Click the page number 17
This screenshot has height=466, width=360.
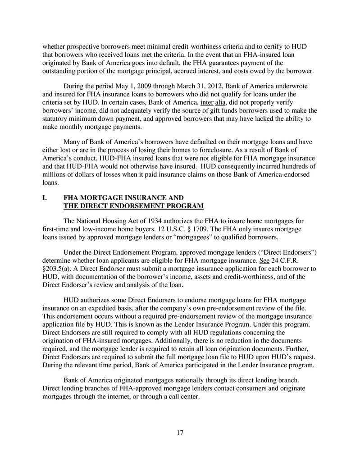coord(180,433)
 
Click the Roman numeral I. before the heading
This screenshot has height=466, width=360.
coord(45,198)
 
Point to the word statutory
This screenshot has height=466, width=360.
coord(57,119)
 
